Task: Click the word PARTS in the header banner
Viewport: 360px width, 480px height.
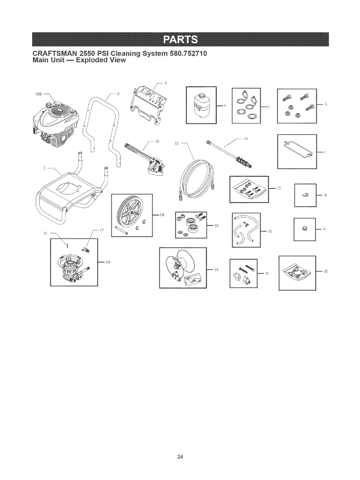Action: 180,40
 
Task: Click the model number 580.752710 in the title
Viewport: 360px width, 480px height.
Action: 188,53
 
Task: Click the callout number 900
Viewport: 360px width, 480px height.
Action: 39,94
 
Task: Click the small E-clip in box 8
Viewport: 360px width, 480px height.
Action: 304,195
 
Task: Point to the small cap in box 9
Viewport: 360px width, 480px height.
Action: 304,228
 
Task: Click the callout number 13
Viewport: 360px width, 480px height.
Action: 279,188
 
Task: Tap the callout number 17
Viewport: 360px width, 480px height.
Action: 102,230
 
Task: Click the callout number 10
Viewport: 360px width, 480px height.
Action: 325,271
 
